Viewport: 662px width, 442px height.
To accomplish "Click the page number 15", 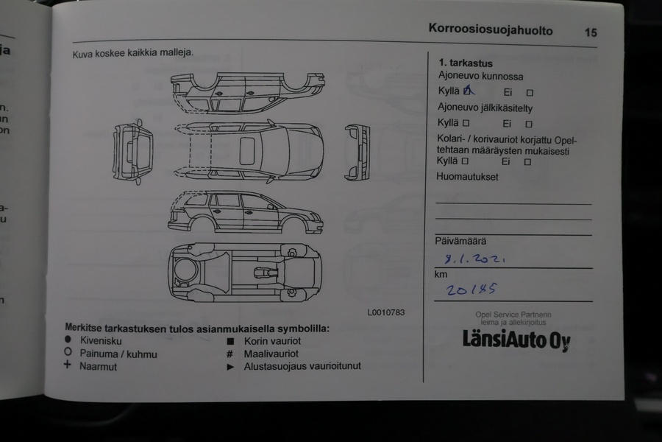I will [591, 32].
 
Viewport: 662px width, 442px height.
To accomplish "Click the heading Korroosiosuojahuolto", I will [490, 30].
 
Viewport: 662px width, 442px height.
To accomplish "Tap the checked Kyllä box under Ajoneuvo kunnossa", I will [467, 92].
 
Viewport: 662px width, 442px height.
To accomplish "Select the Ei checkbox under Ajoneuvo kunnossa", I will [529, 93].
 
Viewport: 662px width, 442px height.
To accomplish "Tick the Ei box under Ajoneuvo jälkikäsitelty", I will [529, 124].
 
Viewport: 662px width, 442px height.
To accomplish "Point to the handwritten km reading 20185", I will [471, 290].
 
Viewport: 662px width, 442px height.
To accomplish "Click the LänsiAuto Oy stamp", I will [516, 340].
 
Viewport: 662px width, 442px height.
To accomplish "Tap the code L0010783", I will [386, 312].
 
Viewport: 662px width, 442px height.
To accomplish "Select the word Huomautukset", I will [467, 177].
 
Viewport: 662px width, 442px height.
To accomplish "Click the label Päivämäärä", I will [460, 241].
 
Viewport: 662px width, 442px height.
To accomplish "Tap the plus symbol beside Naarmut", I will [68, 365].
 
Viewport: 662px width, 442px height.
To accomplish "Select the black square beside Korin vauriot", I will [230, 341].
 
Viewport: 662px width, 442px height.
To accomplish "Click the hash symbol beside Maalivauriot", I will [230, 354].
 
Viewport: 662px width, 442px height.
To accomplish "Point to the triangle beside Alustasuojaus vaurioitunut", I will [230, 366].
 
